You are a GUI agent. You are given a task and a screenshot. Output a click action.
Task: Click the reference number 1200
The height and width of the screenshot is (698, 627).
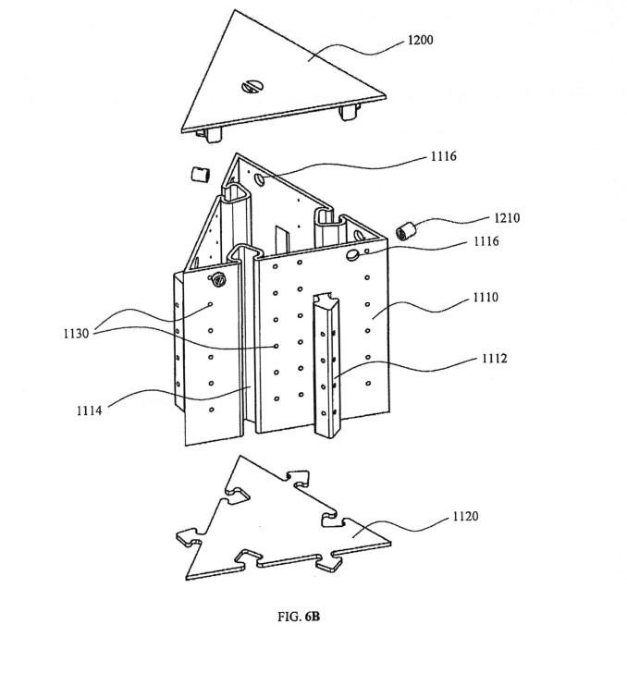[x=419, y=41]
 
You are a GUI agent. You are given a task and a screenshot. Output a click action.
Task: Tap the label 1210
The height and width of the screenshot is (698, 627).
[x=507, y=218]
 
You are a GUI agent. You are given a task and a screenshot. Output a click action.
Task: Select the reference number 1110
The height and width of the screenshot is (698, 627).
[x=486, y=298]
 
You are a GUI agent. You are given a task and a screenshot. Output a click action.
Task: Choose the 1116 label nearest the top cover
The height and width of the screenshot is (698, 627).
[x=443, y=157]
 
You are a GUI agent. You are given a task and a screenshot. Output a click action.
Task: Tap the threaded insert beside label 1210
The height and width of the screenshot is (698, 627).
[x=403, y=230]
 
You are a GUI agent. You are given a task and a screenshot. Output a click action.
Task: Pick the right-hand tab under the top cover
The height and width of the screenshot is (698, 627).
[x=349, y=114]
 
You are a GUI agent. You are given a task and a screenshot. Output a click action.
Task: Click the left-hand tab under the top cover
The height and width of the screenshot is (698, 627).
[x=213, y=135]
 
